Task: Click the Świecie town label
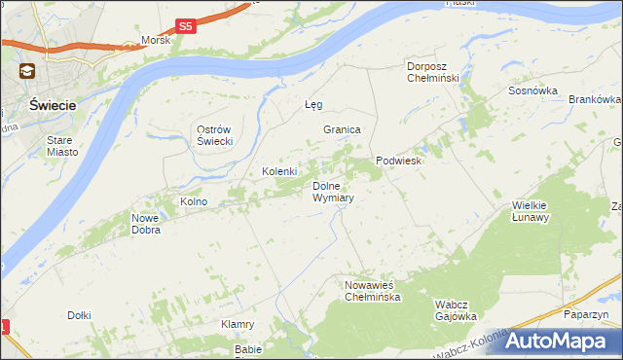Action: click(x=47, y=104)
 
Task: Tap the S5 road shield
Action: click(x=187, y=26)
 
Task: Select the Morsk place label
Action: click(x=156, y=41)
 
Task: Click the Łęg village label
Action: click(x=313, y=104)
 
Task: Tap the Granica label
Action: click(x=343, y=129)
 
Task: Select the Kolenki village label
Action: click(x=279, y=172)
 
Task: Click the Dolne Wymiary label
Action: click(x=332, y=191)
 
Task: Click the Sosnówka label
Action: click(x=532, y=90)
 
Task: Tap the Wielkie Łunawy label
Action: click(x=531, y=211)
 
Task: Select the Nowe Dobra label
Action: click(x=145, y=224)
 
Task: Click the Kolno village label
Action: click(x=194, y=201)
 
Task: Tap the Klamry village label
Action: click(x=238, y=324)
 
